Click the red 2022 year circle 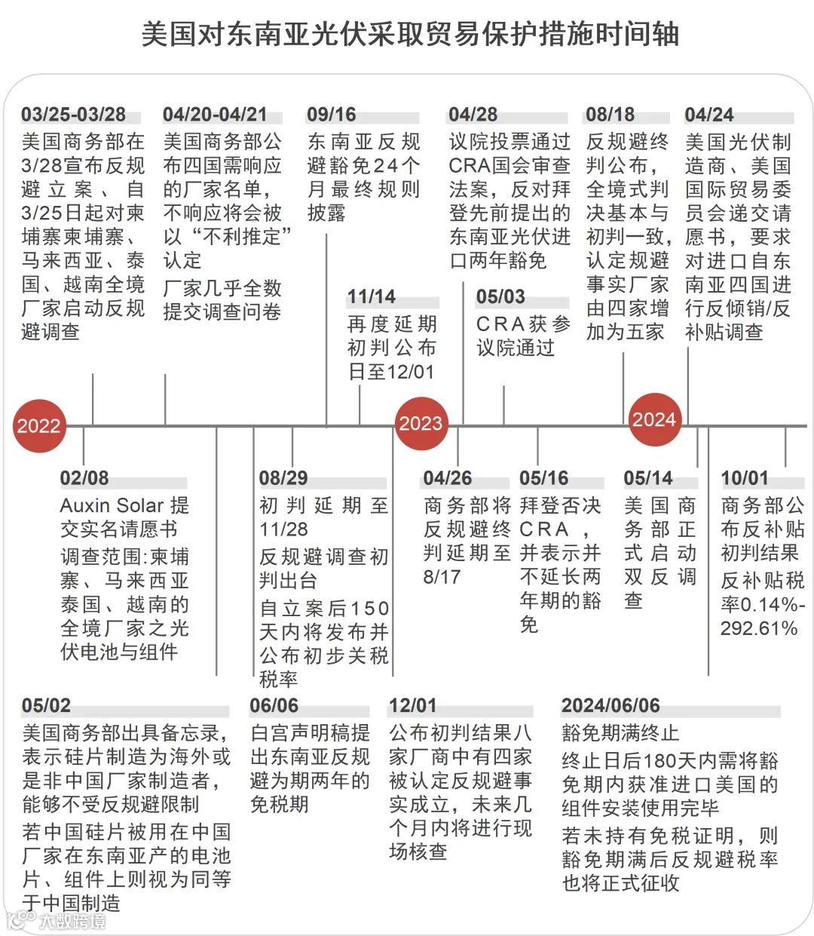click(39, 425)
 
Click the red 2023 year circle click(421, 423)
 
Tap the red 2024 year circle click(654, 419)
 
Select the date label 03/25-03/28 click(73, 115)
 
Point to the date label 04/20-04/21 click(215, 115)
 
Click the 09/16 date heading click(331, 115)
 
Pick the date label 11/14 click(371, 297)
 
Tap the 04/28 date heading click(473, 115)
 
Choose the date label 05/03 click(500, 297)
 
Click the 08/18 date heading click(610, 115)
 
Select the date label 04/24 click(708, 115)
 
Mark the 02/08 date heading click(84, 478)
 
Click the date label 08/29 click(283, 478)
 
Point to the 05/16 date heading click(543, 478)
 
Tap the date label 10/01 click(745, 478)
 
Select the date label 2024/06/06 click(610, 706)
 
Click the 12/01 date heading click(412, 706)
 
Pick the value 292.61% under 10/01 click(759, 628)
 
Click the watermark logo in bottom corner click(57, 920)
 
